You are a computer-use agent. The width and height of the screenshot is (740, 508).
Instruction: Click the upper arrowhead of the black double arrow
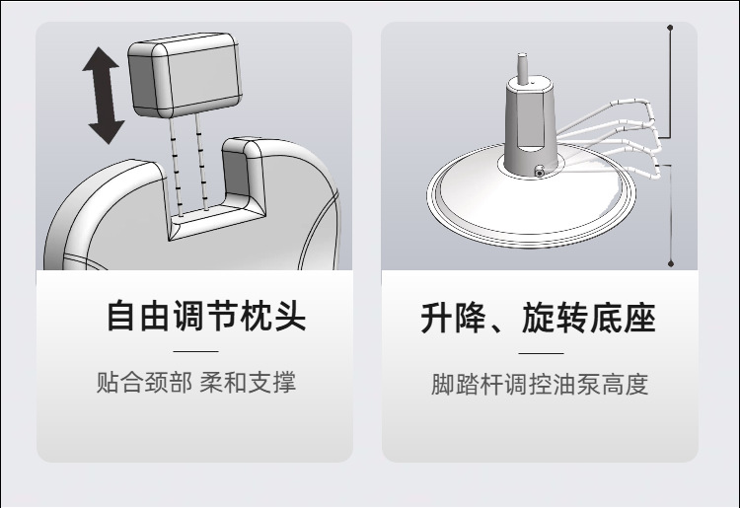coord(101,61)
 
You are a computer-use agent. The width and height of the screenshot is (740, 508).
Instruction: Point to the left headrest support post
coord(176,158)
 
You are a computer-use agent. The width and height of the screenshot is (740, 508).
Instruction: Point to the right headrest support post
coord(201,158)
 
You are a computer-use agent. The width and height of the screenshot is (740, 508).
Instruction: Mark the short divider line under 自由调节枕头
coord(194,351)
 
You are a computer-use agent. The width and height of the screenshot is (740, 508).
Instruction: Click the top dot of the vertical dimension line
coord(671,28)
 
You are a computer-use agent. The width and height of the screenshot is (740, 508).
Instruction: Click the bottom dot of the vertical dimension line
coord(671,263)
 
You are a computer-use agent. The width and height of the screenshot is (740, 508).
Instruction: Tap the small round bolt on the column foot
coord(540,174)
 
